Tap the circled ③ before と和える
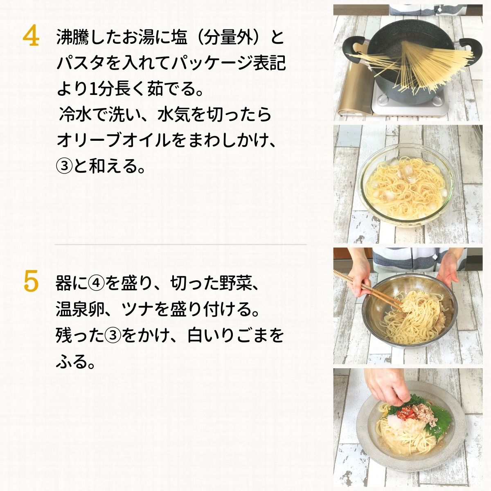[x=64, y=166]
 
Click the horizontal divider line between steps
[x=180, y=244]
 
